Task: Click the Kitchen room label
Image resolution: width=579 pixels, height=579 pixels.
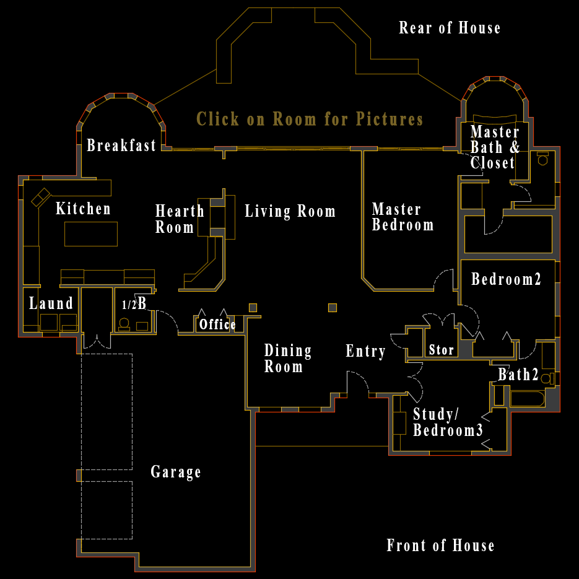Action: pos(83,209)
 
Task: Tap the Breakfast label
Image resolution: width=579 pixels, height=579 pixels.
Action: pos(121,146)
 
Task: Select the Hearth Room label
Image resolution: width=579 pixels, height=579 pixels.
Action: pos(180,219)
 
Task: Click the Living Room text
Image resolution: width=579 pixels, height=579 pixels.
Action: pos(290,211)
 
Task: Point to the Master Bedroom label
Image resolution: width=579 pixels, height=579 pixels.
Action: pos(403,217)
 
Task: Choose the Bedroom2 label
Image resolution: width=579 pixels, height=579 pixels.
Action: pos(506,279)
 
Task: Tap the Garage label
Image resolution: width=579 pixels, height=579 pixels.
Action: pos(176,472)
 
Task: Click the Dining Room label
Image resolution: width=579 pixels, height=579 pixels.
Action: pos(288,359)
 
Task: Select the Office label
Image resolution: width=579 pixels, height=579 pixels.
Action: pos(217,324)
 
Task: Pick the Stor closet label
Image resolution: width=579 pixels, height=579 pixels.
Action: pos(442,350)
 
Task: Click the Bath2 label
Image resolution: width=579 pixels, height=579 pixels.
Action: pos(518,375)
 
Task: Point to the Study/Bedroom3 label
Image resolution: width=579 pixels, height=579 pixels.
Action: pos(448,422)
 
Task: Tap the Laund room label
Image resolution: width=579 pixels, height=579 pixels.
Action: pos(51,303)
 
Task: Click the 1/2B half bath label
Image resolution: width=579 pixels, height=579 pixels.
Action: pos(134,304)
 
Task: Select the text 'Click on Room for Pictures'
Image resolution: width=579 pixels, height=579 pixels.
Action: pos(310,119)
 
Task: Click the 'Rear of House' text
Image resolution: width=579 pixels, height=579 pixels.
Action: pos(450,28)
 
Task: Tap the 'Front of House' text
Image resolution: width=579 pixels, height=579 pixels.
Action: pos(440,546)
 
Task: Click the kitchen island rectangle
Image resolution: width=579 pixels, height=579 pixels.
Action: pos(91,234)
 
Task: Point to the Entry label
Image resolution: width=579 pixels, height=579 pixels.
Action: pos(365,352)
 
